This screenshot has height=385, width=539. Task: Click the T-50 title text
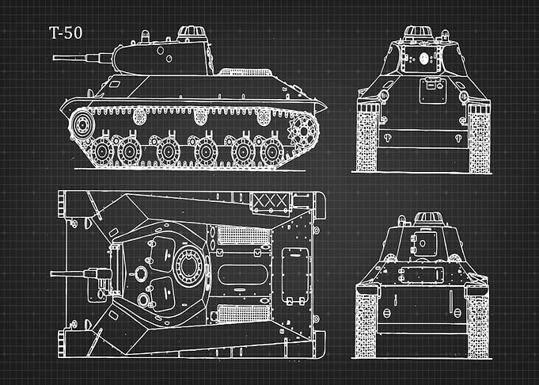66,33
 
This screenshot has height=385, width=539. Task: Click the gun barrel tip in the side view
54,58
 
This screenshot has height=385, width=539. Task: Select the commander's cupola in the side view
192,33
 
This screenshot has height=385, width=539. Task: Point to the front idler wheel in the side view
82,125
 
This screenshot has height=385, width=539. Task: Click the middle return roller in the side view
201,116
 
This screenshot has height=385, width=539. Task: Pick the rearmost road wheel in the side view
271,151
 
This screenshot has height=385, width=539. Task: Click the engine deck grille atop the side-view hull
245,72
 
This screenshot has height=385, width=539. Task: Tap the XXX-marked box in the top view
271,201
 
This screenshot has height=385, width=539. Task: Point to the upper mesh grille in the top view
244,235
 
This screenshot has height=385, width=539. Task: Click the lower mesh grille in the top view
244,314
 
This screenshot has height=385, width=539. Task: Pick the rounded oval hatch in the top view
242,275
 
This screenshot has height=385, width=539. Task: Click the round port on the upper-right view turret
424,59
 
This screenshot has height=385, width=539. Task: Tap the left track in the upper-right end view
368,137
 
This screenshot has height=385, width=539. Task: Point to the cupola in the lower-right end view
428,219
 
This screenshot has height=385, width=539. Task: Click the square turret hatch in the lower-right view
425,243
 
